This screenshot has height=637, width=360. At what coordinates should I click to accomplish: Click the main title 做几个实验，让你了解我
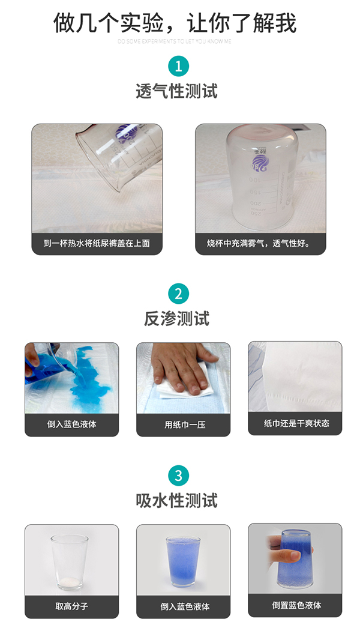[175, 23]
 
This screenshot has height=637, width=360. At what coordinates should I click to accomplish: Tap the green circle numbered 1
[178, 65]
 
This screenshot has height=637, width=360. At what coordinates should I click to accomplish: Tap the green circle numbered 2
[178, 294]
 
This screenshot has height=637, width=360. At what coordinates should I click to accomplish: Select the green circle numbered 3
[178, 475]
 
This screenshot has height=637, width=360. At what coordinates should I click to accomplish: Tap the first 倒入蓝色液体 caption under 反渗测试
[71, 424]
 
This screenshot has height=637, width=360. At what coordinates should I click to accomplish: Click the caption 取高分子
[71, 606]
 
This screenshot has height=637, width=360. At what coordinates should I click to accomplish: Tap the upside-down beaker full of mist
[261, 180]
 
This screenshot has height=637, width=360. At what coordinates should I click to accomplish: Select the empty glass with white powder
[70, 561]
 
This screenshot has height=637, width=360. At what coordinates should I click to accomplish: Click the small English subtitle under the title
[175, 41]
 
